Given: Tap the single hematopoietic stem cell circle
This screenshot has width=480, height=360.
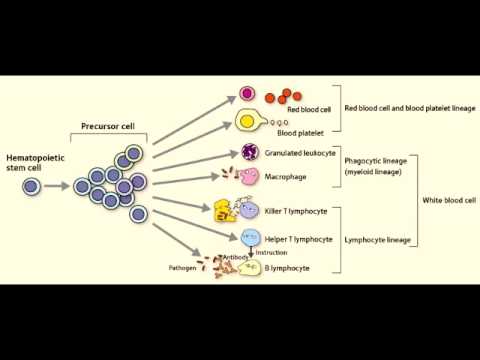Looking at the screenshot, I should (32, 187).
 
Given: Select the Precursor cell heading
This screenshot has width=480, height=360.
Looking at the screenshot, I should (109, 126).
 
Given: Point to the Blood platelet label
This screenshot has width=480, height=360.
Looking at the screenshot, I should (301, 132).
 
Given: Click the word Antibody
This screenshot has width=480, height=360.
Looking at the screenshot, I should (236, 257).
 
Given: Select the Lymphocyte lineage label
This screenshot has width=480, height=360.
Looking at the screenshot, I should (376, 240).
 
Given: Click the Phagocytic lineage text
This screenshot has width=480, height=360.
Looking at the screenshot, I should (375, 160).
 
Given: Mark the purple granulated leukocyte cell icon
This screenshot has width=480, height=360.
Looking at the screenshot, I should (249, 153).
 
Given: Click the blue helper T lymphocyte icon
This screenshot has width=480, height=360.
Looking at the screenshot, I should (248, 237).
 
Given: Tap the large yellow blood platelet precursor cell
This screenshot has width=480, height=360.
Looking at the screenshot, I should (246, 122).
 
